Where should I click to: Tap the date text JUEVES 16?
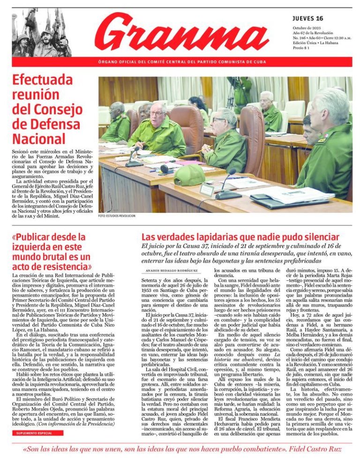307,19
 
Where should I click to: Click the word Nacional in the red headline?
39,139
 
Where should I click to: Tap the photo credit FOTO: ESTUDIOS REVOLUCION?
117,216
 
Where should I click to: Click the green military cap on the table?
188,175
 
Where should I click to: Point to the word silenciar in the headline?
318,237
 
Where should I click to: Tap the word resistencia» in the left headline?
60,267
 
